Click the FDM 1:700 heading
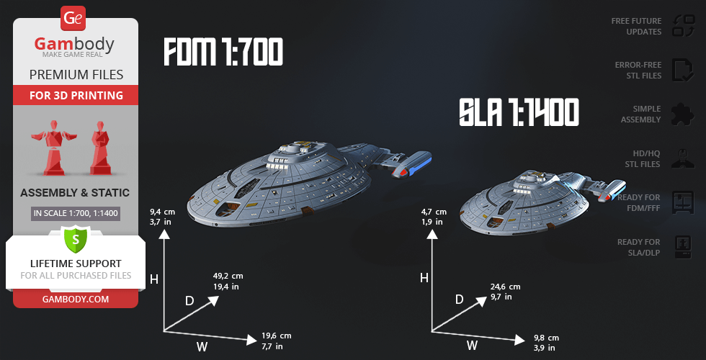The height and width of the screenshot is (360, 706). [x=223, y=52]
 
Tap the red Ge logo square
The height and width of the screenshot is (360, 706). [x=73, y=17]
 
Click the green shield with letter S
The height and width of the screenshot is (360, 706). [x=75, y=238]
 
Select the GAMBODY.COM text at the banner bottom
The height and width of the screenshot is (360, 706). [x=75, y=298]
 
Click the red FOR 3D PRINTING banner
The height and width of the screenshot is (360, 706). [x=76, y=95]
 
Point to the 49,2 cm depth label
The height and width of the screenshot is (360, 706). [x=228, y=281]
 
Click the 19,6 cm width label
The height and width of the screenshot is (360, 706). [x=277, y=341]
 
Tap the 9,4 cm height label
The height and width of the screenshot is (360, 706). [x=163, y=217]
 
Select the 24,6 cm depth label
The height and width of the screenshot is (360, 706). [x=505, y=291]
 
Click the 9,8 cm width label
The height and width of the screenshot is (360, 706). [x=546, y=343]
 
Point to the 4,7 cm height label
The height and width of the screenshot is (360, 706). [x=434, y=217]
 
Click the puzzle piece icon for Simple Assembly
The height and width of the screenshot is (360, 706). [x=682, y=114]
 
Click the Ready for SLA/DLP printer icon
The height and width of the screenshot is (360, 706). [x=682, y=247]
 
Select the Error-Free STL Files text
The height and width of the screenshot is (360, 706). [x=638, y=70]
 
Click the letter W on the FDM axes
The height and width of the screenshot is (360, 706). [x=202, y=347]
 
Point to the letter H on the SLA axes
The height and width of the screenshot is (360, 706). [x=424, y=278]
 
